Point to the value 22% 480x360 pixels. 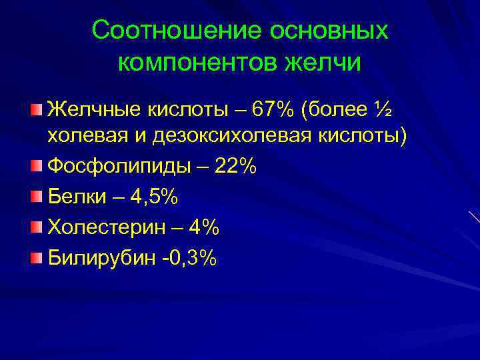tap(235, 167)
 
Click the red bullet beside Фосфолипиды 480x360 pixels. tap(36, 166)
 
